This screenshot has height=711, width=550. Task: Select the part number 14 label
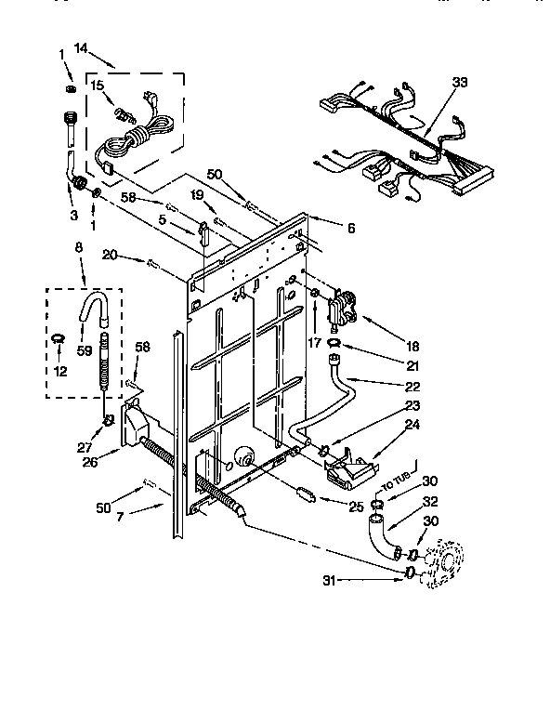pos(81,47)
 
